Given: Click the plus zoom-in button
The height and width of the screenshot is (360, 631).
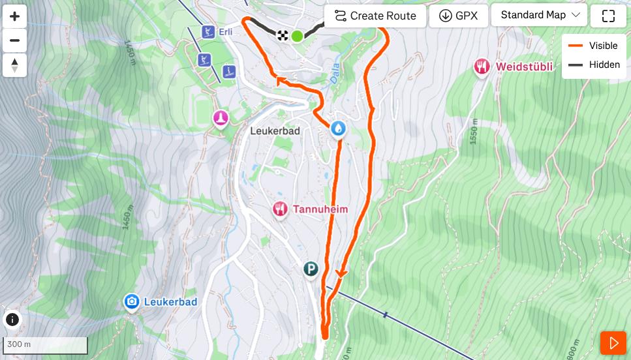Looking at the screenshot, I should [x=14, y=16].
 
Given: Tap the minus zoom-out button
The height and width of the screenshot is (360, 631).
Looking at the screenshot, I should [x=14, y=40].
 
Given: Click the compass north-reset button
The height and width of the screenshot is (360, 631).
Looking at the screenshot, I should [x=14, y=65].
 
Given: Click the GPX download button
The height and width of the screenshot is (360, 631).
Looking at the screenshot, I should [x=458, y=16].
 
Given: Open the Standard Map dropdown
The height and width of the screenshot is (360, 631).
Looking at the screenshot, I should [x=539, y=15].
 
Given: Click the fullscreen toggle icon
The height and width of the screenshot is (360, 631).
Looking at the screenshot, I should [x=608, y=16].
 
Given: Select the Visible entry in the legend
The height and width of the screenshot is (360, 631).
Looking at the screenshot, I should [x=593, y=46].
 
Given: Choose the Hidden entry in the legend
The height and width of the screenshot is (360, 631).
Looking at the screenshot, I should [x=593, y=65].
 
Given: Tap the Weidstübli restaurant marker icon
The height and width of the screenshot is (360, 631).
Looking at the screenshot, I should [x=482, y=66].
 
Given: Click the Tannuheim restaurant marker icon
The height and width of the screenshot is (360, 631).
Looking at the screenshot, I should [x=280, y=209].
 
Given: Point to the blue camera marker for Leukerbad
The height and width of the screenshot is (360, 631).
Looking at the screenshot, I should [x=132, y=301].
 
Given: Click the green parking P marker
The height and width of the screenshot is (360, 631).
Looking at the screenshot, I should [x=311, y=269].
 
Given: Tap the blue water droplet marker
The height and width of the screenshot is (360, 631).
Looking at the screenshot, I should [x=338, y=128].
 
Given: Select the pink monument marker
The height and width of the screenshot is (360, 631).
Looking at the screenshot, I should [x=221, y=118].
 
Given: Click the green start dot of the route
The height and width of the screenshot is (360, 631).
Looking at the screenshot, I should [x=297, y=36].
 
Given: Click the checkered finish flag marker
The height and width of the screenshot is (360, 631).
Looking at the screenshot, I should [x=283, y=35].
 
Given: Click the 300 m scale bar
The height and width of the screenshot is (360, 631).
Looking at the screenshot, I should [x=45, y=345].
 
